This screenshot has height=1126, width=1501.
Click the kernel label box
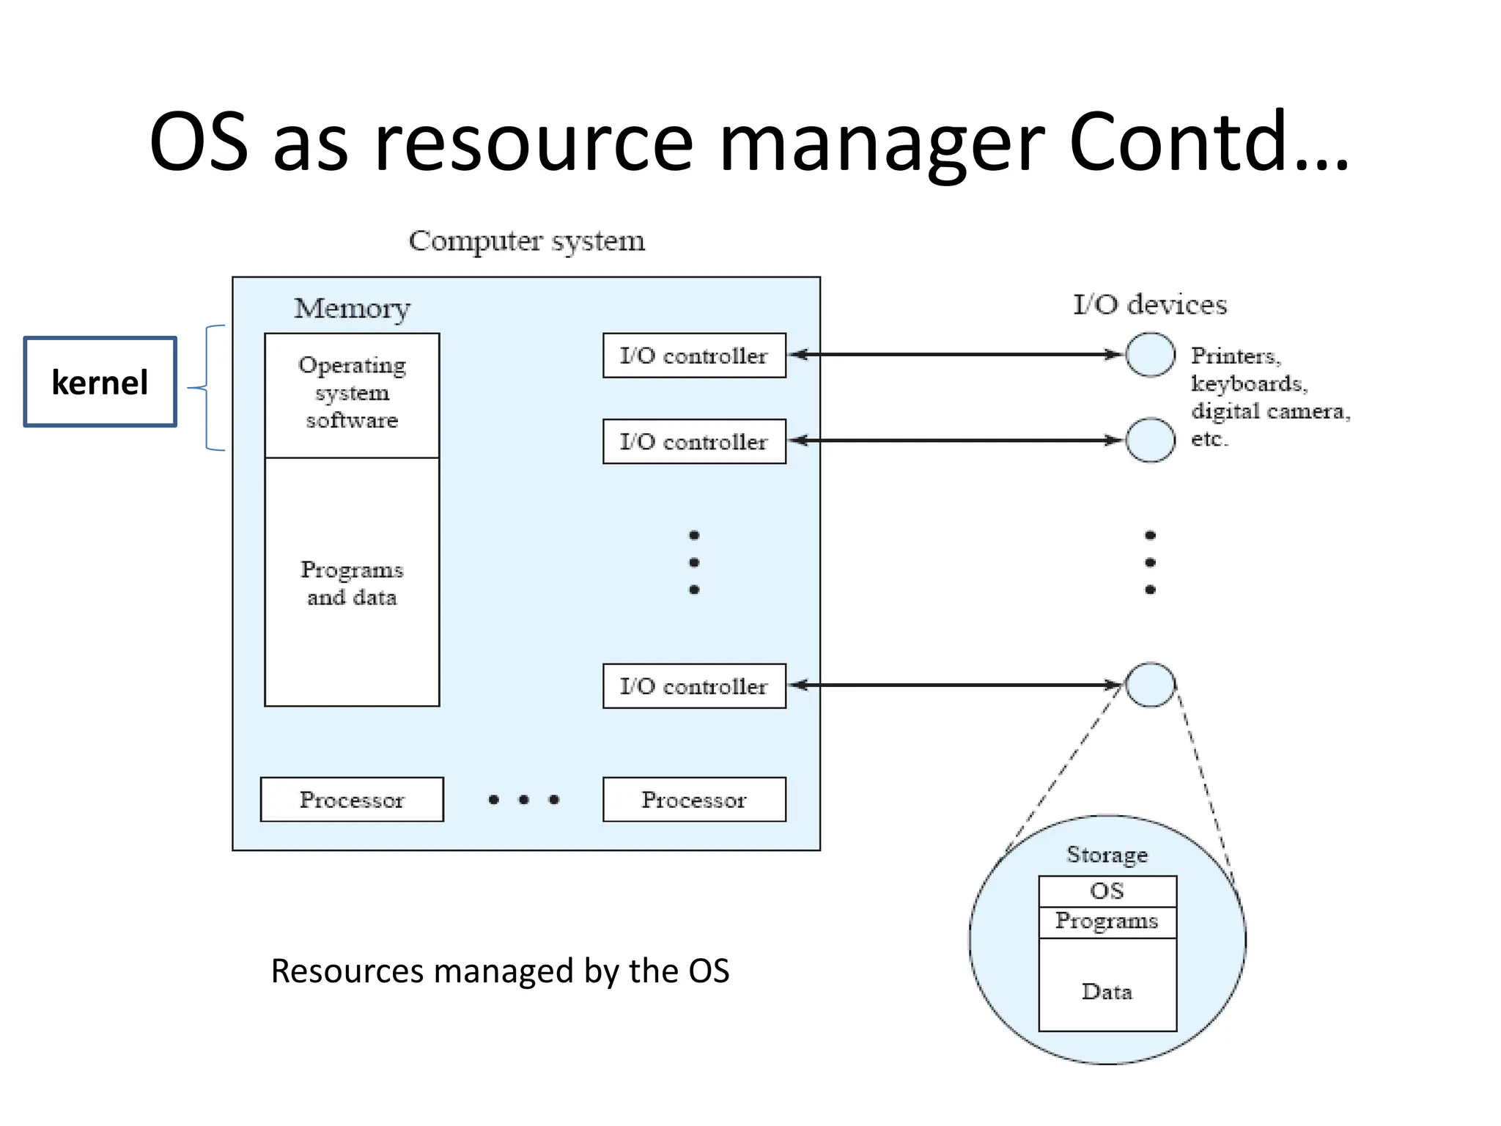tap(100, 382)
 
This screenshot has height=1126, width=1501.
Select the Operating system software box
tap(352, 394)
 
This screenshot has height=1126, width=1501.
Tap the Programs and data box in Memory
tap(352, 583)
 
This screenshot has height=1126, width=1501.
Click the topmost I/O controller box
tap(694, 356)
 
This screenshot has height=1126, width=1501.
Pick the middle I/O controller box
tap(694, 441)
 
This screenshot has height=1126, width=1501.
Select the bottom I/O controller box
tap(694, 686)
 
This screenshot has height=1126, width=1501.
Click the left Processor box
tap(352, 800)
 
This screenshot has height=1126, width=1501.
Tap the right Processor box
tap(694, 800)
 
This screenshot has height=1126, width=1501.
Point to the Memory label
tap(352, 309)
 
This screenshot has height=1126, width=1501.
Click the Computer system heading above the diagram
tap(526, 241)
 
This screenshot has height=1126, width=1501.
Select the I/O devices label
tap(1149, 304)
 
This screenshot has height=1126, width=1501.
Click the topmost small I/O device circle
tap(1150, 355)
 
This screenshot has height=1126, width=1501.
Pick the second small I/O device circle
tap(1150, 441)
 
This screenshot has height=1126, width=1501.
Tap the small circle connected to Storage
tap(1150, 685)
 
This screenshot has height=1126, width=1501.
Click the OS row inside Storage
tap(1107, 891)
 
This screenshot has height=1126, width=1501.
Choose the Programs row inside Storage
tap(1107, 921)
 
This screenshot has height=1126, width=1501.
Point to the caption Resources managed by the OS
tap(500, 971)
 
